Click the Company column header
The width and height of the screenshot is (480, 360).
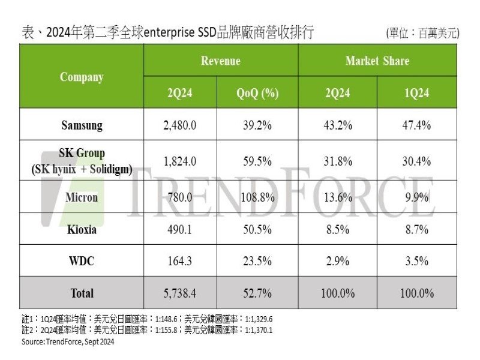(x=82, y=77)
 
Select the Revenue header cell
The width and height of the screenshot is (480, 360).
(x=220, y=61)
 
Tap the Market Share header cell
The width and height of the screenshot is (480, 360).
(x=377, y=61)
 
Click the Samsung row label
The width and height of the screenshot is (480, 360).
(x=82, y=125)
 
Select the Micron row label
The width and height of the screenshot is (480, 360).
(x=82, y=197)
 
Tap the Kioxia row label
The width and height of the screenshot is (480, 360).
(x=82, y=229)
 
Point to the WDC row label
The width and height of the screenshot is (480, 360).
(x=82, y=261)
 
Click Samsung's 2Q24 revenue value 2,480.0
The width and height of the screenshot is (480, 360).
(x=181, y=125)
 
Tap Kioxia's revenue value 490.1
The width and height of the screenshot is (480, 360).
(x=181, y=229)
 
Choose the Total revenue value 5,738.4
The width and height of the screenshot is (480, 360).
(x=181, y=293)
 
